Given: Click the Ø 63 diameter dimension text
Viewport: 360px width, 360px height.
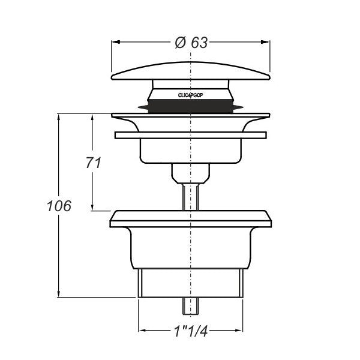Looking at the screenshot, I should pyautogui.click(x=191, y=43).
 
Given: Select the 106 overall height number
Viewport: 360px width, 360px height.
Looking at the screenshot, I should pyautogui.click(x=59, y=206).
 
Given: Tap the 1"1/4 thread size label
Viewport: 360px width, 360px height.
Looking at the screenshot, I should pyautogui.click(x=190, y=331).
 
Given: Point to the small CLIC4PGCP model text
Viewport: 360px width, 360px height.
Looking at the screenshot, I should pyautogui.click(x=190, y=95).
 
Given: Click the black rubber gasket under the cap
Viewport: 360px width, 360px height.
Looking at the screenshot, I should pyautogui.click(x=190, y=106).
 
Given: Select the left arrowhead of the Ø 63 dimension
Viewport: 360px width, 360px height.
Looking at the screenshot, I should pyautogui.click(x=116, y=42).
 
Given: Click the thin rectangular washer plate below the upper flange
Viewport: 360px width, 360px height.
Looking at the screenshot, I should pyautogui.click(x=190, y=136).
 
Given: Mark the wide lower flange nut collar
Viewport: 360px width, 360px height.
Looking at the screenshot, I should pyautogui.click(x=190, y=218).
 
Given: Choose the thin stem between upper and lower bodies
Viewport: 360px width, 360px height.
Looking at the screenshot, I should pyautogui.click(x=190, y=195).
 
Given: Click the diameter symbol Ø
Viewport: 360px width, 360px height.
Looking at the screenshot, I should pyautogui.click(x=179, y=43).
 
